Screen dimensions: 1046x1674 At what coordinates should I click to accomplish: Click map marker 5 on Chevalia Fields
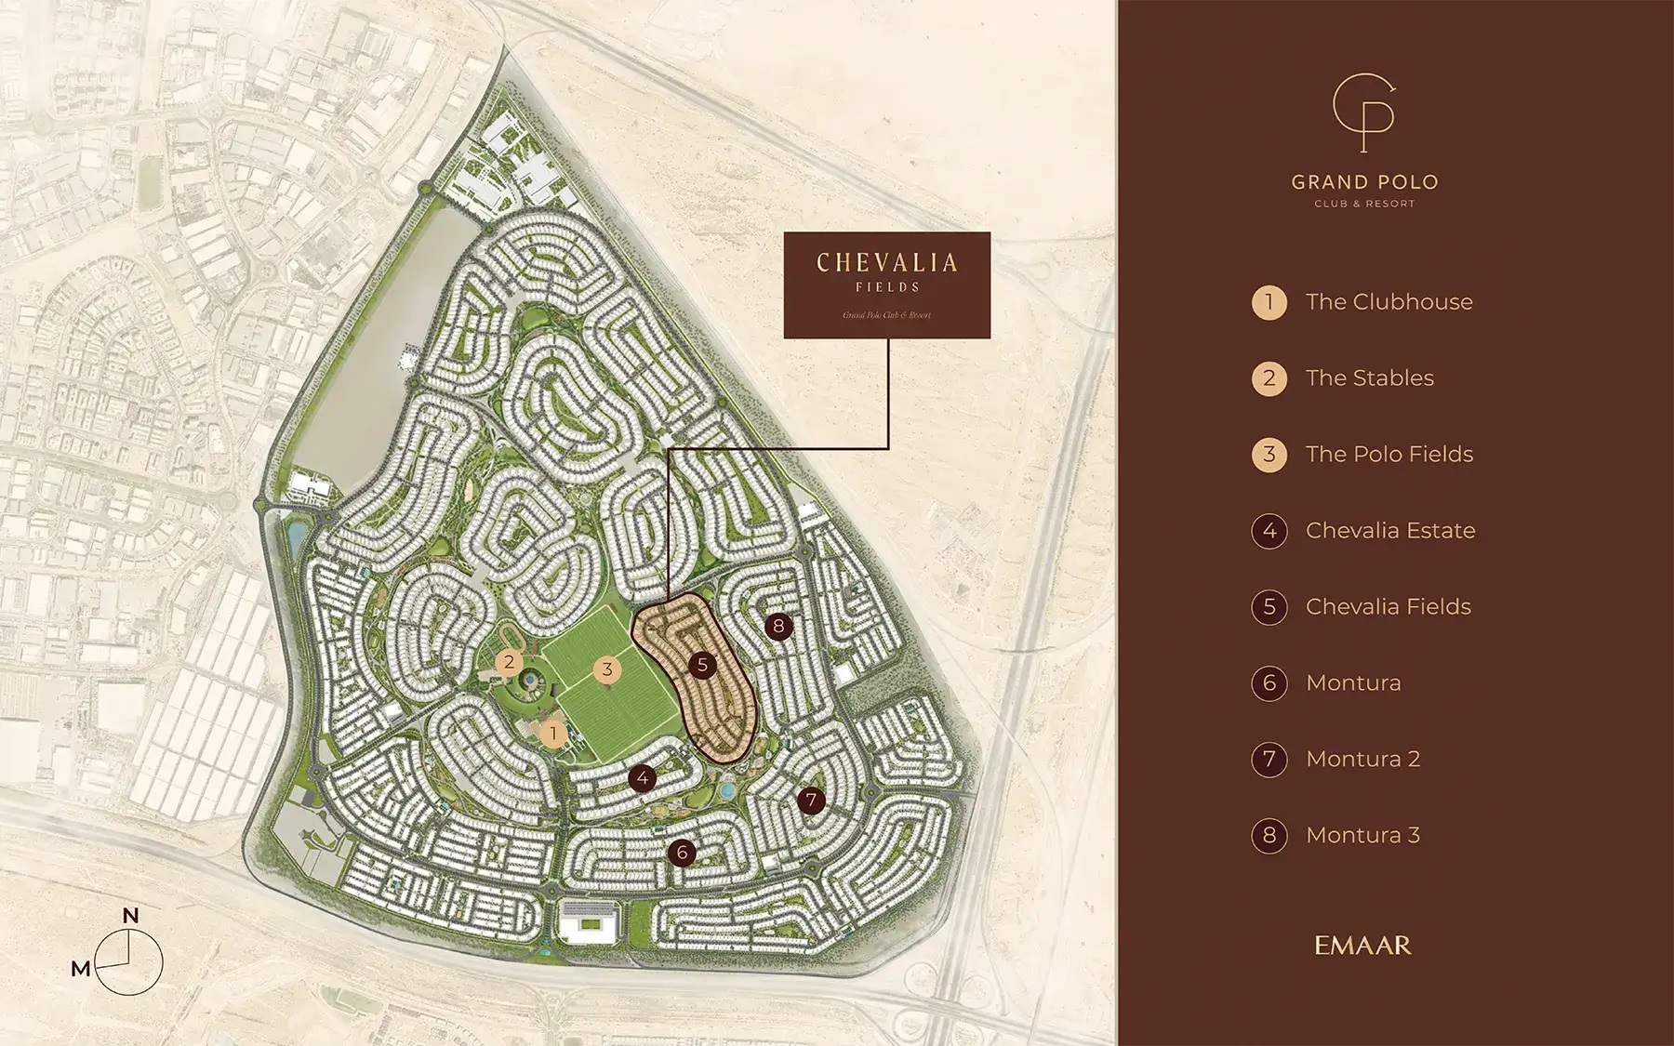point(702,665)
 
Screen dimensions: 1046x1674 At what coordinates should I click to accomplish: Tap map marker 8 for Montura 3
point(778,626)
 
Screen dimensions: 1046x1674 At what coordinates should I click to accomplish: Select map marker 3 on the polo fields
point(607,669)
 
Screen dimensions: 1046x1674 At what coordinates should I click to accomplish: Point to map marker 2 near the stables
point(509,663)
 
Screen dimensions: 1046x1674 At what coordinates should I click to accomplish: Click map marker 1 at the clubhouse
point(553,733)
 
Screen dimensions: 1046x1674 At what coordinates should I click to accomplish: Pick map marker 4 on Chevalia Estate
point(643,778)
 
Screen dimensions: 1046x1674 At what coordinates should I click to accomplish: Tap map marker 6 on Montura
point(682,852)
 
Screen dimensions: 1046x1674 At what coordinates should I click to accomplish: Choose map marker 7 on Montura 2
point(811,800)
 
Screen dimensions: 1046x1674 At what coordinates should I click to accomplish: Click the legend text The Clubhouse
point(1388,302)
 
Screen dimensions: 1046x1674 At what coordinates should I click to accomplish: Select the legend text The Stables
point(1369,378)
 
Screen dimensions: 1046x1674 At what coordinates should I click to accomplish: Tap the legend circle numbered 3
point(1269,455)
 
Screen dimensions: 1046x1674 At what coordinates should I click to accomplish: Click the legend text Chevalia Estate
point(1389,531)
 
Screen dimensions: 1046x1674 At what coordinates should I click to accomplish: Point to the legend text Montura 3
point(1362,836)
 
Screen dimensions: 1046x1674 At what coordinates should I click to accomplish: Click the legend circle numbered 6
point(1269,683)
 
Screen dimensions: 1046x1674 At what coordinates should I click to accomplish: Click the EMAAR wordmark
point(1362,946)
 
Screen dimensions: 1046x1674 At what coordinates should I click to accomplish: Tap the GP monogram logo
point(1363,113)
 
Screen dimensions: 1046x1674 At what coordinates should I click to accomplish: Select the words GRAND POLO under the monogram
point(1364,182)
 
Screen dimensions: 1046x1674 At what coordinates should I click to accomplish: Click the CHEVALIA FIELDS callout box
point(886,285)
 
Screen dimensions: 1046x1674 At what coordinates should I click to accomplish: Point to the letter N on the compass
point(130,916)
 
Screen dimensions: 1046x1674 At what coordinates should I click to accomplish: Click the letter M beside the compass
point(81,970)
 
